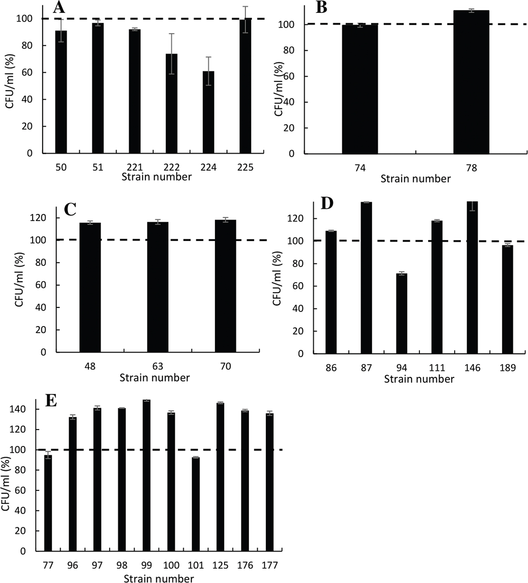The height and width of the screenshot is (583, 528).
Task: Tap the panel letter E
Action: click(x=51, y=401)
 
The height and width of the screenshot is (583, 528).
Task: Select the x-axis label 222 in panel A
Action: click(x=171, y=167)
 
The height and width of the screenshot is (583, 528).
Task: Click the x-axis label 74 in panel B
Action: click(x=360, y=168)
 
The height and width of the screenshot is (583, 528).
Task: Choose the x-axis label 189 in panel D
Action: click(x=507, y=368)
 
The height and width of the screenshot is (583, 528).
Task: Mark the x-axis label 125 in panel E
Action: click(x=220, y=565)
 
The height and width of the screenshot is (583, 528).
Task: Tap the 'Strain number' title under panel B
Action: click(x=415, y=179)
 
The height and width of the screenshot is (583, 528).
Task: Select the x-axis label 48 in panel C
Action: click(x=89, y=367)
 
